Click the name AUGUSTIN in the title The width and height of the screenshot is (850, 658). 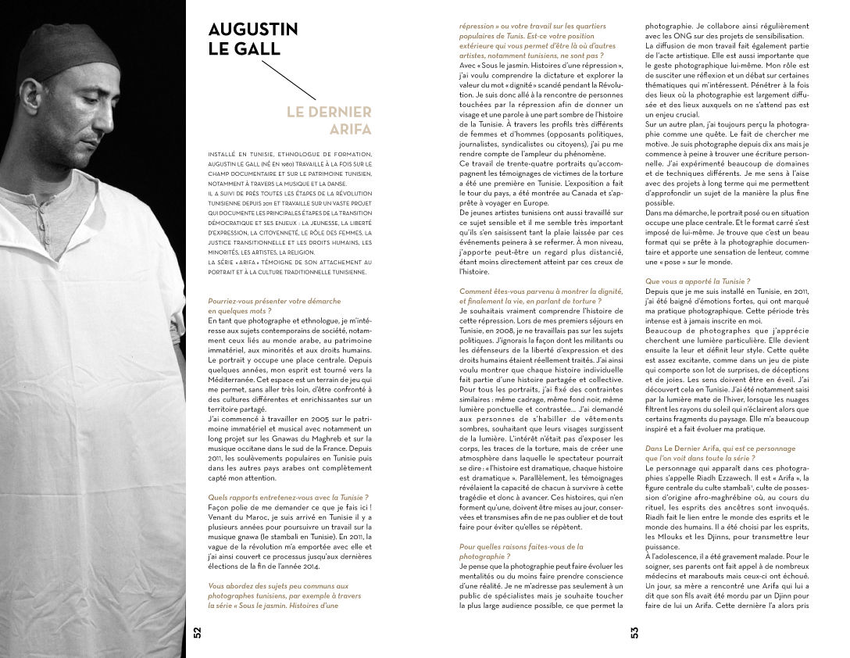point(253,30)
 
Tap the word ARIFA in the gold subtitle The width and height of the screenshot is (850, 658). point(349,130)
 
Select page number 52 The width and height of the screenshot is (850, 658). point(197,631)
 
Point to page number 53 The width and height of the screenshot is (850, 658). point(634,631)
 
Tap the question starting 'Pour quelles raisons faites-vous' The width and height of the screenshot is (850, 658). point(521,551)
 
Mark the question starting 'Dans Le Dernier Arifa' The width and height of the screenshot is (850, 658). point(709,452)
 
